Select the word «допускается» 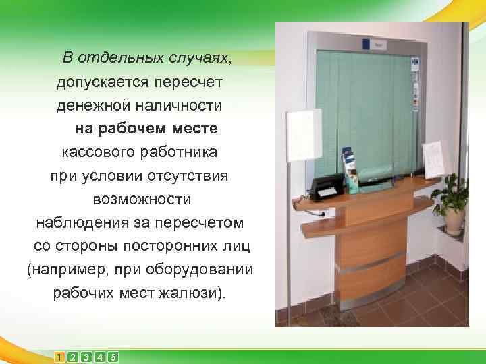[x=95, y=81]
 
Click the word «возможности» [x=142, y=199]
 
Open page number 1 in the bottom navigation [x=60, y=357]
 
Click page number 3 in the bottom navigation [x=86, y=357]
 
